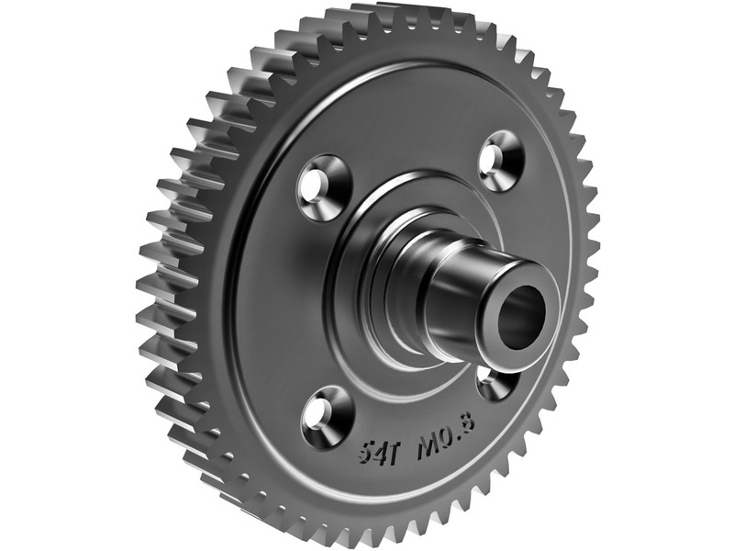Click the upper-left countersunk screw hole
pos(325,188)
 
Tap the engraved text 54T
pos(377,450)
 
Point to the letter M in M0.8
pos(428,433)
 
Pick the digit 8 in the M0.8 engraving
pos(469,421)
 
